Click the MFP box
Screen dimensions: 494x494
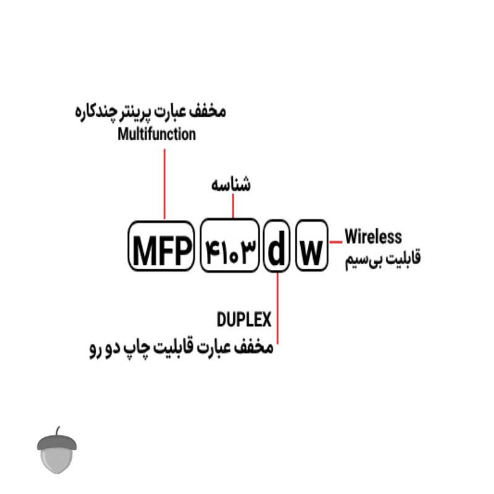point(161,246)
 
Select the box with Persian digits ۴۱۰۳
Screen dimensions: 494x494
point(230,245)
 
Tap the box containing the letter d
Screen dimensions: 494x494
point(277,246)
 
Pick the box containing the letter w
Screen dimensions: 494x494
point(312,245)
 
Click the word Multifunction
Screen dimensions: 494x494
point(157,134)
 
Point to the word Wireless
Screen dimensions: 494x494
point(374,237)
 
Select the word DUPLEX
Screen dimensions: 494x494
point(244,319)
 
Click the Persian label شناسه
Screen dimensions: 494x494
point(231,184)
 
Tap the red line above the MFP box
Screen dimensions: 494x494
point(164,184)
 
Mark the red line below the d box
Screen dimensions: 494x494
point(277,308)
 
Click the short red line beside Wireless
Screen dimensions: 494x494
point(336,242)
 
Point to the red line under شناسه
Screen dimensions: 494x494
point(233,206)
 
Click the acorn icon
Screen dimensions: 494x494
point(57,450)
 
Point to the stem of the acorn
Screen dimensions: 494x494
point(58,431)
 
